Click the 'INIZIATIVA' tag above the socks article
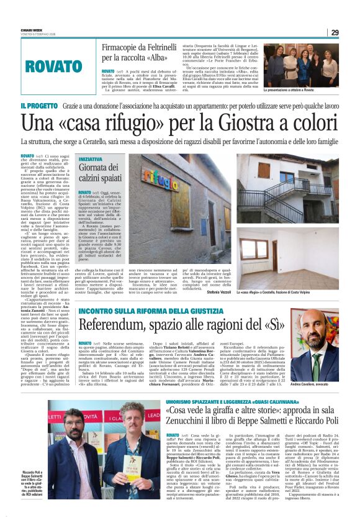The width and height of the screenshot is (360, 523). point(91,159)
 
